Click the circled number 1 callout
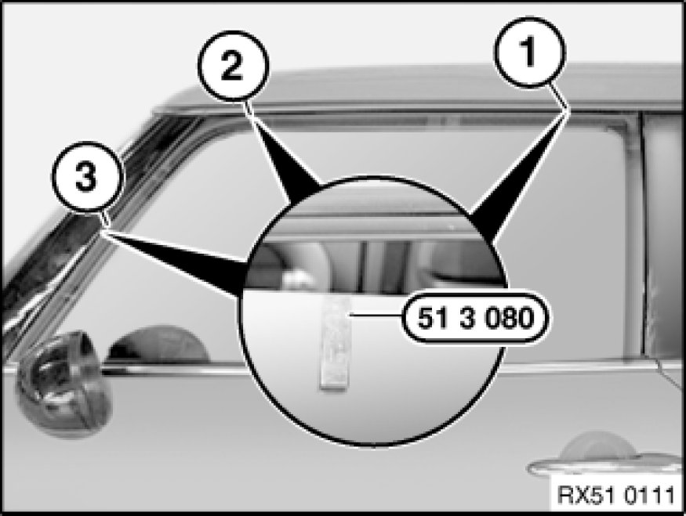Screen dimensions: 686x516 530,52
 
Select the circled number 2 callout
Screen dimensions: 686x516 231,66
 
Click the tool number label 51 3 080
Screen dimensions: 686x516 476,318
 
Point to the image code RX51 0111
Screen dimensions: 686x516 617,496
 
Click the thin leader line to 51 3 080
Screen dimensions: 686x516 376,314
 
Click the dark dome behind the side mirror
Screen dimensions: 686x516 158,345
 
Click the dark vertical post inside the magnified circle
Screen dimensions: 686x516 362,265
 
